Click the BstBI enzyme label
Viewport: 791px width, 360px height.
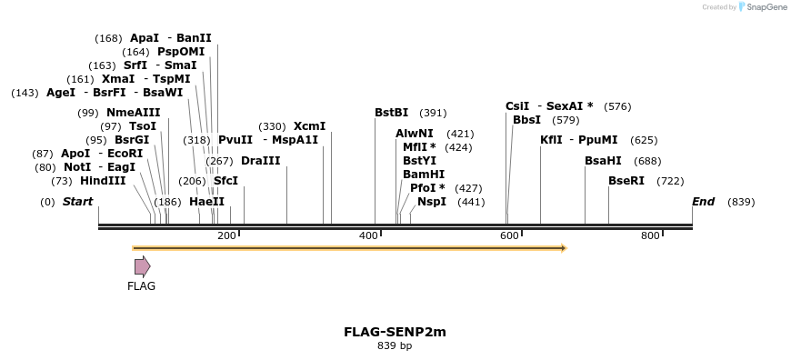(x=391, y=113)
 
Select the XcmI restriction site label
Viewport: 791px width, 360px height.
(x=309, y=126)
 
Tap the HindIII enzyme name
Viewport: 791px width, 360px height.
(x=103, y=181)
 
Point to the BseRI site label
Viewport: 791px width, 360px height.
(x=626, y=181)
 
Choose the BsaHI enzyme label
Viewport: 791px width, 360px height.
(x=603, y=161)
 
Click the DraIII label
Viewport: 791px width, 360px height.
(x=260, y=161)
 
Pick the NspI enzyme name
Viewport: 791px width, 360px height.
(x=432, y=202)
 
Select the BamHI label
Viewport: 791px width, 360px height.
(x=424, y=174)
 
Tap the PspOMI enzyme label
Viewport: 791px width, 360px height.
(x=181, y=52)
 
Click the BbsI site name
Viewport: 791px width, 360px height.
(x=526, y=120)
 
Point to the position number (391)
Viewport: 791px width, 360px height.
(x=433, y=113)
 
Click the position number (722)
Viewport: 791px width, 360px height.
(x=670, y=181)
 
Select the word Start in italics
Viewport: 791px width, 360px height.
(x=77, y=202)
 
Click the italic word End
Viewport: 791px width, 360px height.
(x=703, y=202)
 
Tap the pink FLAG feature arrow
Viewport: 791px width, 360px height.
(x=142, y=266)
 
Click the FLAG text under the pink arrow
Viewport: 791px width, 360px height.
(x=141, y=286)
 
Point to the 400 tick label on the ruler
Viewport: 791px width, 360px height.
(x=368, y=235)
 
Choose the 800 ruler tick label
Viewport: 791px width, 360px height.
(x=650, y=235)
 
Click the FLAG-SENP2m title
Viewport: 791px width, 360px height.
(x=395, y=332)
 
